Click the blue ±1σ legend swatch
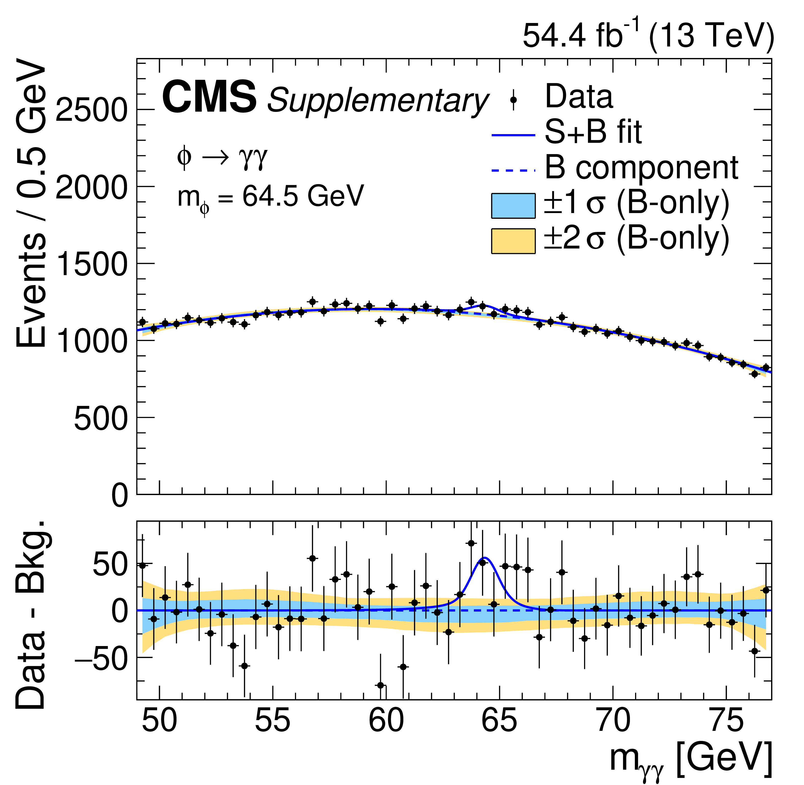pos(513,205)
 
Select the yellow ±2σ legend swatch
pos(513,241)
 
